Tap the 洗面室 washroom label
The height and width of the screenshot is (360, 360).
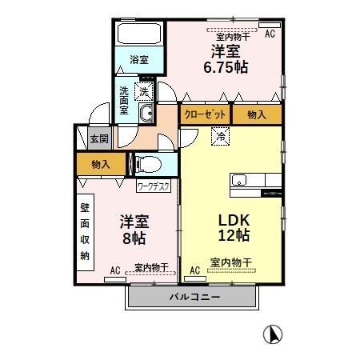coord(125,100)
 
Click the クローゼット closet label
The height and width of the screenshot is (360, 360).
coord(203,114)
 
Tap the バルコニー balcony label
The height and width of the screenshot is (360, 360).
coord(194,297)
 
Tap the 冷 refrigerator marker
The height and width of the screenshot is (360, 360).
coord(219,137)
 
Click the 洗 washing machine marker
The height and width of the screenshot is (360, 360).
coord(144,90)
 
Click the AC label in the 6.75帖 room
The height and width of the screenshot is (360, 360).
coord(270,33)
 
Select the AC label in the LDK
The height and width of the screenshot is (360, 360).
coord(194,270)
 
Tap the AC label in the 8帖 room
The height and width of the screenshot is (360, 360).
coord(114,270)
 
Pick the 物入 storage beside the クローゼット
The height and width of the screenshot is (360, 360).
coord(257,114)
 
